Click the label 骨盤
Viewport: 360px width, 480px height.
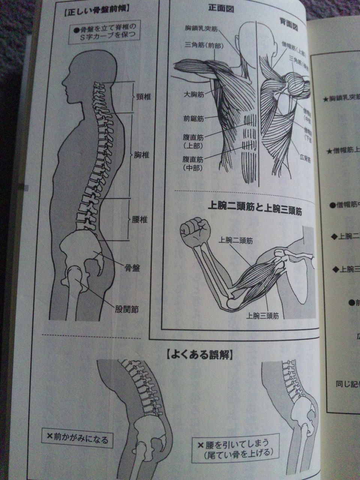[x=132, y=268]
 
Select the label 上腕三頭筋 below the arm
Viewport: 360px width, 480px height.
[x=262, y=315]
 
